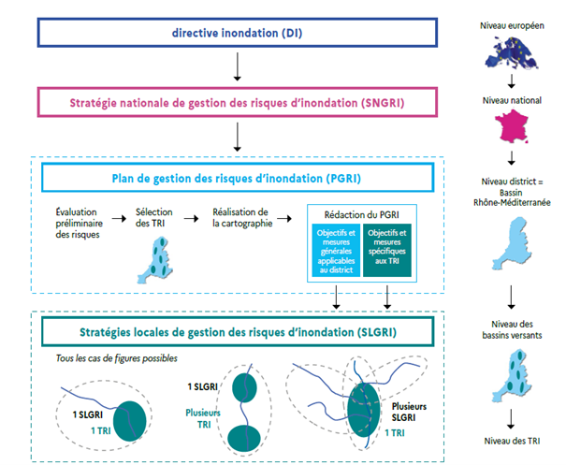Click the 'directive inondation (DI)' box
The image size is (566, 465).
(238, 33)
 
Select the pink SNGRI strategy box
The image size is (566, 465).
(238, 101)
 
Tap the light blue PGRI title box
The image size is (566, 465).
(238, 178)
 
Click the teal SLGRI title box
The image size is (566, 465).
(238, 331)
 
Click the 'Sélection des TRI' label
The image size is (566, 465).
(154, 218)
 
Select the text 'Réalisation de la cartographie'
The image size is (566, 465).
(240, 218)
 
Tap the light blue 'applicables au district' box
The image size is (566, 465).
(336, 252)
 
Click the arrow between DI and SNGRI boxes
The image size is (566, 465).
(238, 66)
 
